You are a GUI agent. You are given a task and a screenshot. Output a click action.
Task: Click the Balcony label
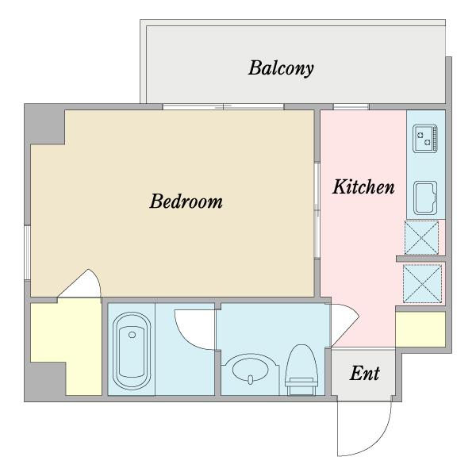(281, 68)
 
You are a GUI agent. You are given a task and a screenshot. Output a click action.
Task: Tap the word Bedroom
(186, 201)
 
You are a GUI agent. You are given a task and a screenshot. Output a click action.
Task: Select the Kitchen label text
(363, 186)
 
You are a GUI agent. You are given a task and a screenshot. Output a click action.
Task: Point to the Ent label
(365, 373)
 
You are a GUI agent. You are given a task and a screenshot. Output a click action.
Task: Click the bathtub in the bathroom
(132, 351)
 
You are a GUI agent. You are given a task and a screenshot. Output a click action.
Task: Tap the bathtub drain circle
(132, 335)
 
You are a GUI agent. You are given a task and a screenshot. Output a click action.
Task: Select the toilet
(301, 370)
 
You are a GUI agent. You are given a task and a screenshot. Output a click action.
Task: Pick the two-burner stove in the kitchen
(425, 138)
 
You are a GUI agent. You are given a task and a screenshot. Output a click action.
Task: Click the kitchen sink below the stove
(425, 198)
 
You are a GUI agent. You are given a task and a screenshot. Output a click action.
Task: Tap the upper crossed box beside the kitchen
(422, 238)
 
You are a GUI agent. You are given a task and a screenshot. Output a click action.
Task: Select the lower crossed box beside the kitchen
(422, 283)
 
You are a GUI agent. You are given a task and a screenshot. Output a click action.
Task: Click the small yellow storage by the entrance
(420, 329)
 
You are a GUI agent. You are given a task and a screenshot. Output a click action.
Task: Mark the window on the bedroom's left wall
(27, 252)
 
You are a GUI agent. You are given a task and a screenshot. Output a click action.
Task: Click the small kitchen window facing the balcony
(351, 106)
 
